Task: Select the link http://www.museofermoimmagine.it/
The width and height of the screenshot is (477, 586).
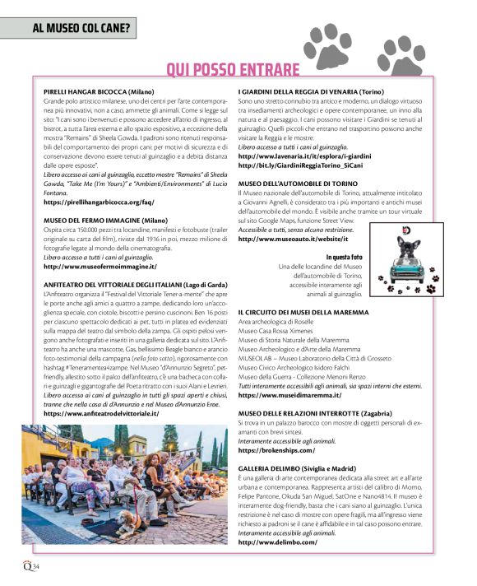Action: pos(100,267)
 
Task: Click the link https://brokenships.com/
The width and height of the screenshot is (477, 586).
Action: pos(271,451)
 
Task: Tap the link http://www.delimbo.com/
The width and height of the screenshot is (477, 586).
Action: pos(277,542)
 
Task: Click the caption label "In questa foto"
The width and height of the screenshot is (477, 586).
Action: pos(342,258)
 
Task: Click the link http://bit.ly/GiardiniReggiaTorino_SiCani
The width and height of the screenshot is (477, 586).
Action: pos(313,165)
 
